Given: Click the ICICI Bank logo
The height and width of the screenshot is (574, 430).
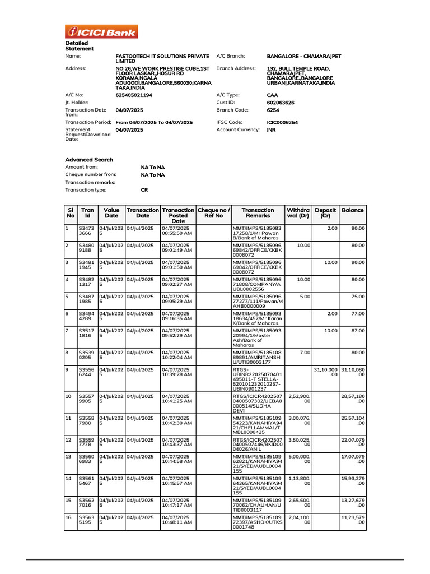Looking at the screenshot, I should (x=101, y=31).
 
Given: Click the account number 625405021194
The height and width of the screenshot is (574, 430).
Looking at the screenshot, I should (x=134, y=95).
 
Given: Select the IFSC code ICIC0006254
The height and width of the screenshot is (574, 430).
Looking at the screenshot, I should (x=282, y=122).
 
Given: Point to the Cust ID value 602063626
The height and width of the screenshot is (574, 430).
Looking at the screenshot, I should (x=281, y=103).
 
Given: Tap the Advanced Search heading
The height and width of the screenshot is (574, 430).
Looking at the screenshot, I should (x=89, y=160).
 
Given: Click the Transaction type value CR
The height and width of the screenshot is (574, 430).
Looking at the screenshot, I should (x=144, y=190).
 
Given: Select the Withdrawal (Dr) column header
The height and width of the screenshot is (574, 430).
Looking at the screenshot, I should (x=298, y=213).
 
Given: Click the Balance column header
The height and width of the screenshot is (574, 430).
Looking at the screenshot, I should (x=352, y=210).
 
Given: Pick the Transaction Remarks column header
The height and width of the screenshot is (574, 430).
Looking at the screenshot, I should (x=258, y=213).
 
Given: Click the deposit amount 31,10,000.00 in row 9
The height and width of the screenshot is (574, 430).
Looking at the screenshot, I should (x=325, y=374).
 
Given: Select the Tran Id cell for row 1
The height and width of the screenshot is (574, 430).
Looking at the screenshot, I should (x=87, y=232).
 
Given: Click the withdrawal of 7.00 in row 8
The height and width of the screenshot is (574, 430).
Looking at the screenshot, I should (x=305, y=353).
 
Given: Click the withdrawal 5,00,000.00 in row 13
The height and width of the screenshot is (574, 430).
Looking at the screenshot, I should (x=298, y=459).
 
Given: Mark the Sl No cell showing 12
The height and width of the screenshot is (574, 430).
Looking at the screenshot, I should (x=68, y=439).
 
